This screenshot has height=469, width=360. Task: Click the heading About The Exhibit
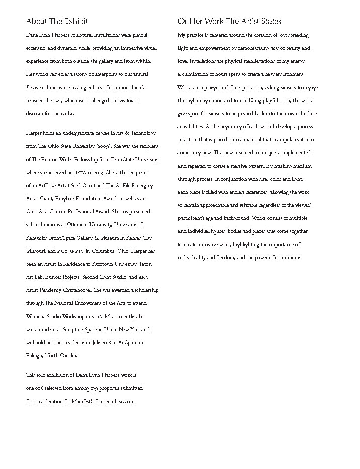tap(57, 21)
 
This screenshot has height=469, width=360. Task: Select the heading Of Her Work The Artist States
tap(229, 21)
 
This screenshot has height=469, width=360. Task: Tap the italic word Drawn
tap(34, 88)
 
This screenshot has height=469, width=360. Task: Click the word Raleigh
tap(35, 356)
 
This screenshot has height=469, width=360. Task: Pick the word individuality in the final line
tap(193, 258)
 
